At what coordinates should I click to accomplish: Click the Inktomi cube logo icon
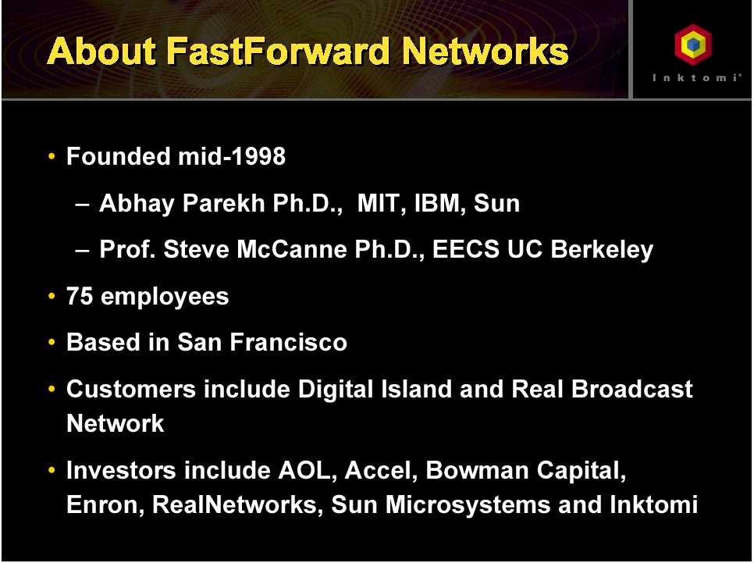tap(693, 45)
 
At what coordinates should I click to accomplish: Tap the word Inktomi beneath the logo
tap(697, 78)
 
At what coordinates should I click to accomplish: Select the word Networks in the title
tap(485, 51)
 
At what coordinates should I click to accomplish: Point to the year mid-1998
tap(232, 156)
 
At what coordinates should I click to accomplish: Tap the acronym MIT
tap(378, 202)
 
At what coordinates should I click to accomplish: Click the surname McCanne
tap(291, 249)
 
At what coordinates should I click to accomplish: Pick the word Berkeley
tap(602, 250)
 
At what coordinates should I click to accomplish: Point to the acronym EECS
tap(466, 249)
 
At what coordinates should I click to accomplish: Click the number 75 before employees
tap(80, 296)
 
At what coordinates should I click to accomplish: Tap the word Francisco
tap(288, 342)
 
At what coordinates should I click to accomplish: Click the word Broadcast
tap(632, 389)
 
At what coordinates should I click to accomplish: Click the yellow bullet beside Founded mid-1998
tap(52, 156)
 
